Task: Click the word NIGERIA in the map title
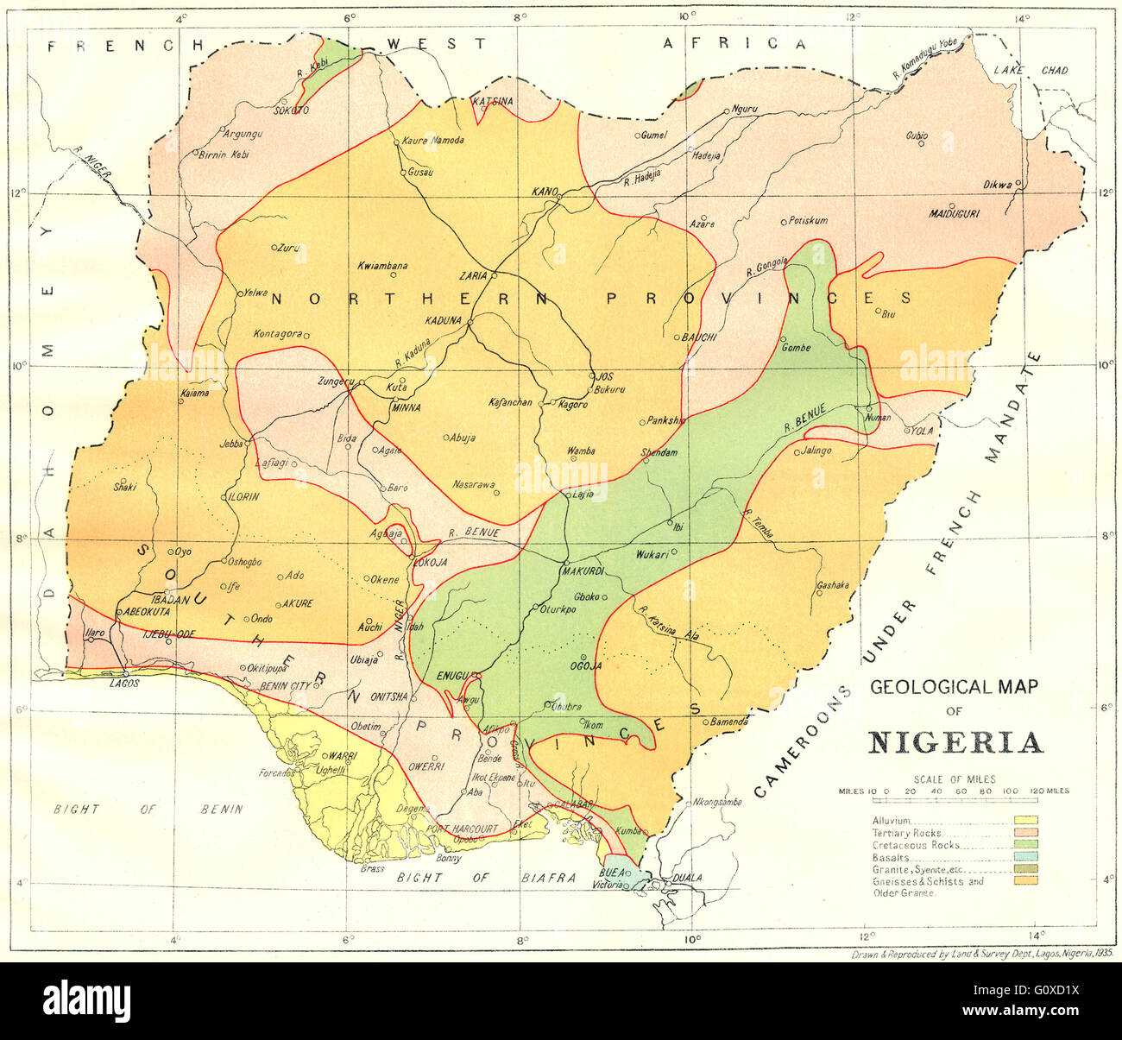[954, 743]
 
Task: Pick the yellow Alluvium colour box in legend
[1025, 821]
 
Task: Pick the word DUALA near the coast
[688, 878]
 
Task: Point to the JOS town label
[604, 376]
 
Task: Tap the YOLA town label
[919, 430]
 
